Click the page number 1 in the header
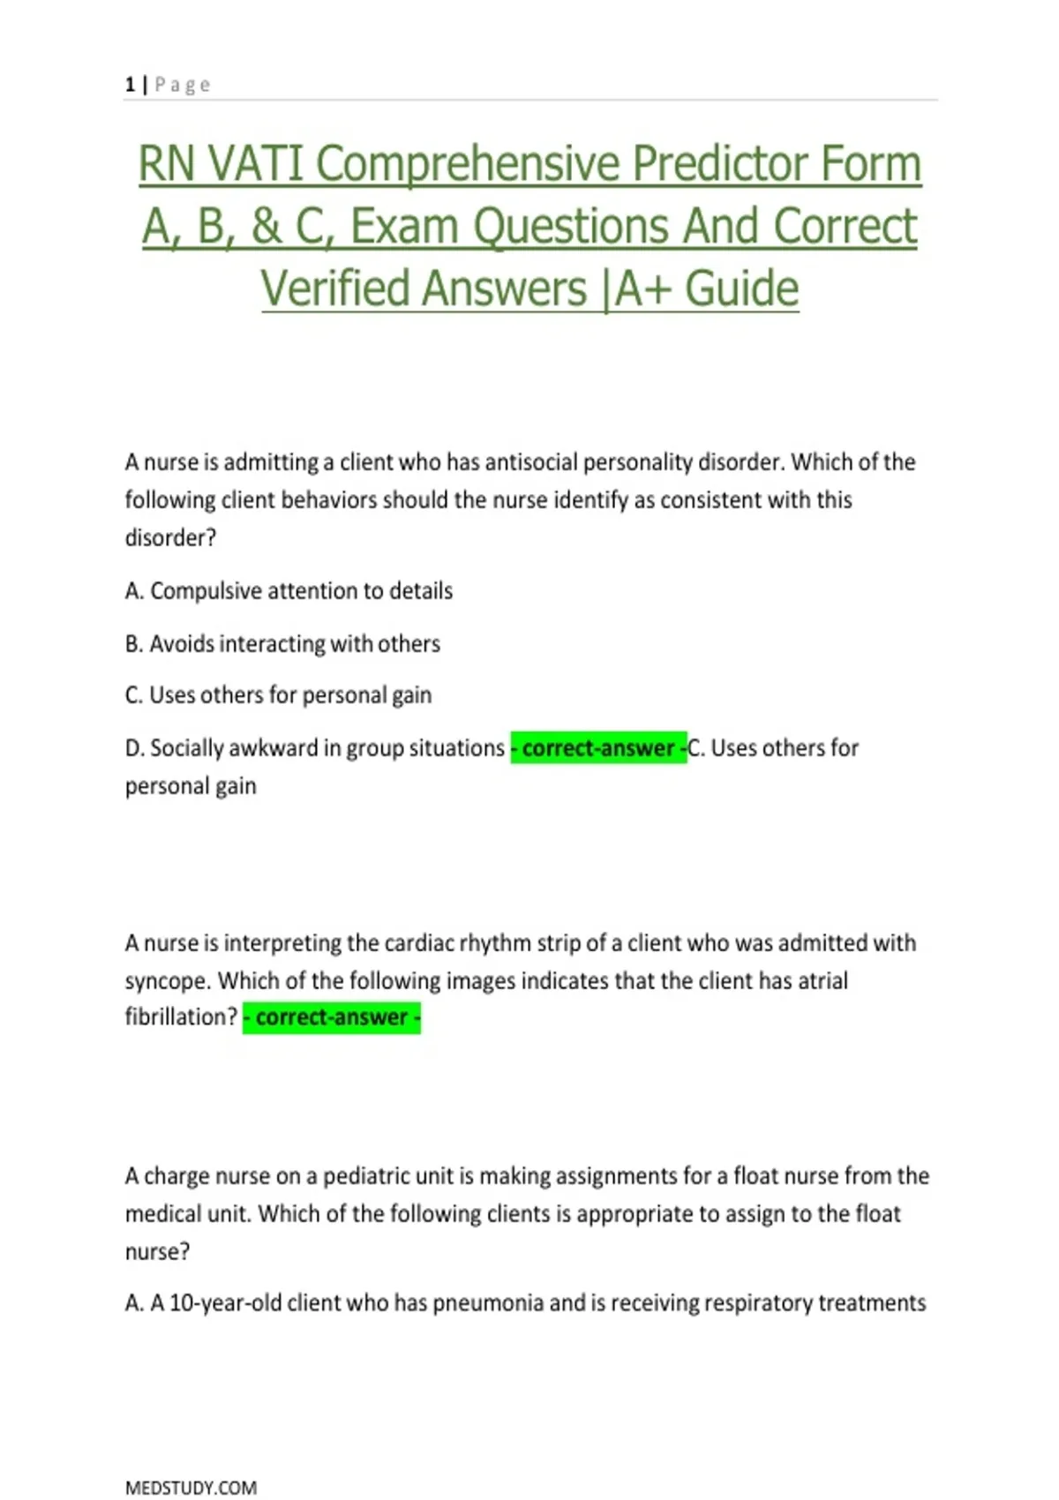[x=130, y=85]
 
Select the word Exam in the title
[x=404, y=227]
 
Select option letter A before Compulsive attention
[x=133, y=591]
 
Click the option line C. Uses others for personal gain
[x=278, y=695]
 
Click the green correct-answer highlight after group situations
[x=598, y=748]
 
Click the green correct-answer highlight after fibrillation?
[x=332, y=1017]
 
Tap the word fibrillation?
[x=181, y=1017]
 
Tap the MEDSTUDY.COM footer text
[x=191, y=1488]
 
